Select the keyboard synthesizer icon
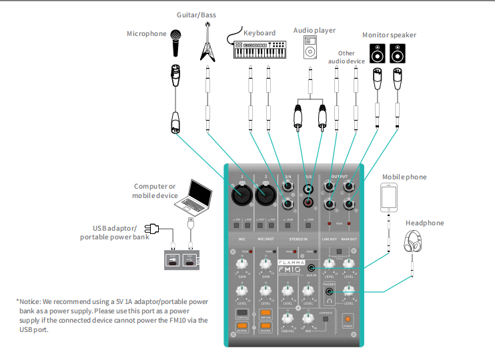[259, 48]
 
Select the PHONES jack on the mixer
[329, 291]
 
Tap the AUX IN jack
[312, 268]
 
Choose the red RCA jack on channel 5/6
[308, 202]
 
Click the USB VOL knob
[288, 319]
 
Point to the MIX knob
[308, 319]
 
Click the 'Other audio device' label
[346, 57]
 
